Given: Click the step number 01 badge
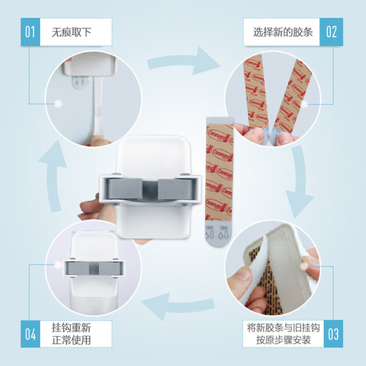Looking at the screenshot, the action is [x=30, y=32].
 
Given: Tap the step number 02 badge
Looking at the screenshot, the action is [x=331, y=32].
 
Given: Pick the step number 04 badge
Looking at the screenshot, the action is [x=30, y=334].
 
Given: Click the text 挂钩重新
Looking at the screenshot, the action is [x=72, y=328].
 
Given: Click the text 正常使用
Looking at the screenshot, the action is [x=72, y=340].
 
